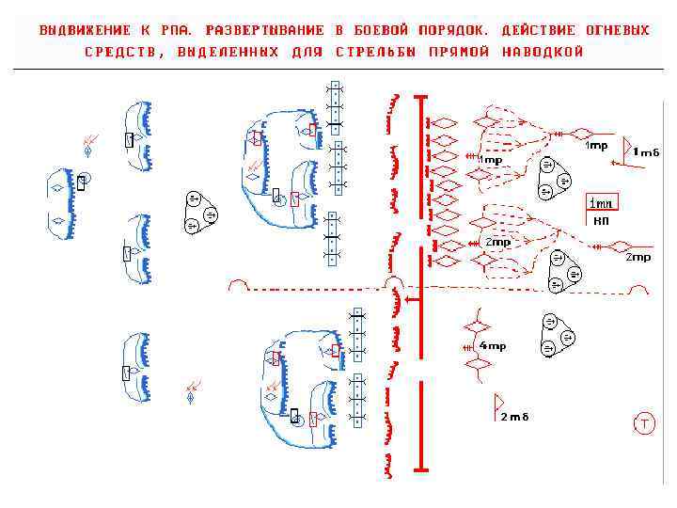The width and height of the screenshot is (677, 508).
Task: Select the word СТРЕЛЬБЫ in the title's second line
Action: point(375,52)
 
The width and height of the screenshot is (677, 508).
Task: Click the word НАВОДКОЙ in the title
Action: point(543,52)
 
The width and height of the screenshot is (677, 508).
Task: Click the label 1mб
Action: point(646,151)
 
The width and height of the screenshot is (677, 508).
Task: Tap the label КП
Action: point(601,220)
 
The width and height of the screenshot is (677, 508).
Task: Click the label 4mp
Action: point(492,346)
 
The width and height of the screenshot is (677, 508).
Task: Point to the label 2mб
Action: point(514,417)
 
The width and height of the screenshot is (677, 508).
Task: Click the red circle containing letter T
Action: point(645,423)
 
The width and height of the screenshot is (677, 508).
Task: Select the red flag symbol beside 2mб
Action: point(498,405)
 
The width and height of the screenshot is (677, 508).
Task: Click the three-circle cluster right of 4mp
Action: point(557,335)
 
